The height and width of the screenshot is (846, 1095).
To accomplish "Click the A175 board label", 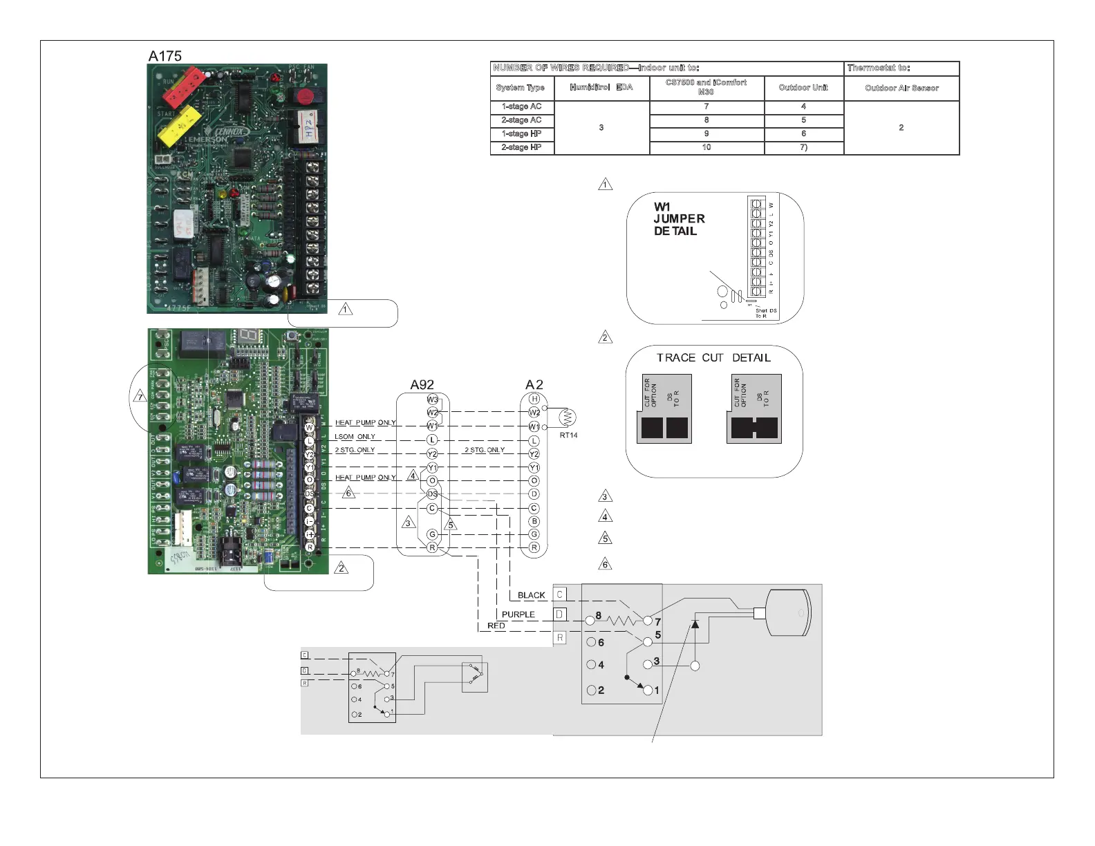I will (165, 56).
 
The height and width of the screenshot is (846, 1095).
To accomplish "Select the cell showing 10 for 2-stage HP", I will (706, 147).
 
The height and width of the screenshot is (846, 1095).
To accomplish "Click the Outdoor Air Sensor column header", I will (901, 88).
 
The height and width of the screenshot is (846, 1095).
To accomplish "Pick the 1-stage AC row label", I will (521, 106).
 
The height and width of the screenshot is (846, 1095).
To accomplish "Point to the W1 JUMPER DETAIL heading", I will (679, 218).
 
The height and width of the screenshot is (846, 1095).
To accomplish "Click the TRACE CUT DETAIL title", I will (713, 357).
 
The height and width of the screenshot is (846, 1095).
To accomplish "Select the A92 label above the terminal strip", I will (422, 385).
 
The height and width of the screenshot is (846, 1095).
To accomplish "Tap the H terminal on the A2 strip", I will (534, 399).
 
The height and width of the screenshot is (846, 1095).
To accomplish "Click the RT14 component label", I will (568, 435).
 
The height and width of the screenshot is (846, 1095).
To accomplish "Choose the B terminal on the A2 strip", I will (534, 521).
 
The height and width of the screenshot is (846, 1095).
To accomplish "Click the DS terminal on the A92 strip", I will (432, 494).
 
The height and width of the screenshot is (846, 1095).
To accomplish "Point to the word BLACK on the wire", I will (531, 595).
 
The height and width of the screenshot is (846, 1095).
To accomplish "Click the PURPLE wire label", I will (518, 614).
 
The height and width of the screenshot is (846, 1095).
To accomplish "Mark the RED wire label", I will (496, 626).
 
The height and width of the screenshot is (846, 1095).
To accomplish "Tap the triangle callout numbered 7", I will (140, 397).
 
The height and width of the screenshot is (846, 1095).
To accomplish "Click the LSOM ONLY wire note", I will (355, 437).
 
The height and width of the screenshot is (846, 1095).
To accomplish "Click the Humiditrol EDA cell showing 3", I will (601, 128).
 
